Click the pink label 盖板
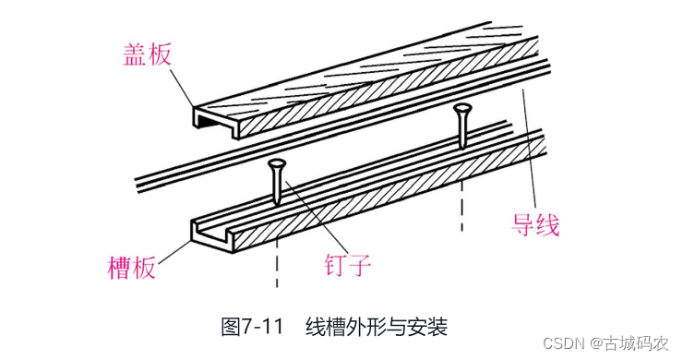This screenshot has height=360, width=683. [x=148, y=54]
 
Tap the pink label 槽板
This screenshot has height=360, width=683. [x=132, y=267]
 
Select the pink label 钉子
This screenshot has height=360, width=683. [x=347, y=264]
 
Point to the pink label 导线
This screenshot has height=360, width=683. [x=535, y=224]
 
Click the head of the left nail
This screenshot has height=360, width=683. [x=277, y=164]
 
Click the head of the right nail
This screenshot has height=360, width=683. [x=462, y=109]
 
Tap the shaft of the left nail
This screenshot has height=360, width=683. [x=277, y=187]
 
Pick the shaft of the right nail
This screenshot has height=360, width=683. [x=461, y=130]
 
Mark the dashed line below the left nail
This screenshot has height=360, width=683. [x=277, y=263]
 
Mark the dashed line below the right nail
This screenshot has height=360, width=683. [x=461, y=206]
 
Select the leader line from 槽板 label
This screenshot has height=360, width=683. [x=174, y=252]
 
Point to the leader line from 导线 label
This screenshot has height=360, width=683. [x=530, y=151]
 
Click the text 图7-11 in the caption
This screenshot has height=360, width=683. [x=253, y=327]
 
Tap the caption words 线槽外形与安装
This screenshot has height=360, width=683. [x=377, y=327]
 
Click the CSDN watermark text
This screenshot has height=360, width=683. [x=564, y=343]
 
